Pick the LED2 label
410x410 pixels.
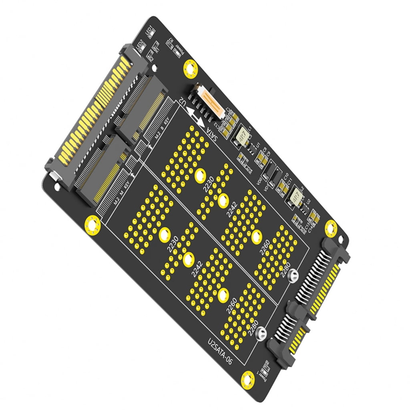coord(141,47)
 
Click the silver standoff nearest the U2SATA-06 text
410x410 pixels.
coord(261,332)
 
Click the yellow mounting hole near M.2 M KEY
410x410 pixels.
coord(92,224)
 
